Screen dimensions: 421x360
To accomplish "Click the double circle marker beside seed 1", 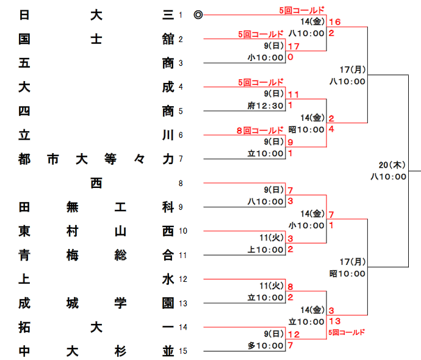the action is click(x=198, y=15).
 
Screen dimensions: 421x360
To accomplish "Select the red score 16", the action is click(x=334, y=22).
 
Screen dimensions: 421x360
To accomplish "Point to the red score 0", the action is click(x=290, y=57).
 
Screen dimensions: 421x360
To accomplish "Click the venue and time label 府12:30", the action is click(x=265, y=106).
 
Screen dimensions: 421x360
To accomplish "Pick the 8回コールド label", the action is click(x=261, y=130).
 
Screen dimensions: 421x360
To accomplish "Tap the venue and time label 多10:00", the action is click(x=265, y=345).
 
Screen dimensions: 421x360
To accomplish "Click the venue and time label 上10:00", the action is click(x=265, y=250).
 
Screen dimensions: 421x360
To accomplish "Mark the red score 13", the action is click(x=334, y=321).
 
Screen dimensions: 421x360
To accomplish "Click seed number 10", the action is click(x=182, y=231).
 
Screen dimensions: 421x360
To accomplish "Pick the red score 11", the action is click(x=293, y=94).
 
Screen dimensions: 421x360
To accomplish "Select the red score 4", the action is click(x=331, y=129).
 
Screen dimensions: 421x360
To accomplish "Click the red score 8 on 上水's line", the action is click(x=290, y=287).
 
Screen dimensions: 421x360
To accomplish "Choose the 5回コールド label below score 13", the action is click(x=346, y=333).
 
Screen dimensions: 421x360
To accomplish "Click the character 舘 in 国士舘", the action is click(x=168, y=40).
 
